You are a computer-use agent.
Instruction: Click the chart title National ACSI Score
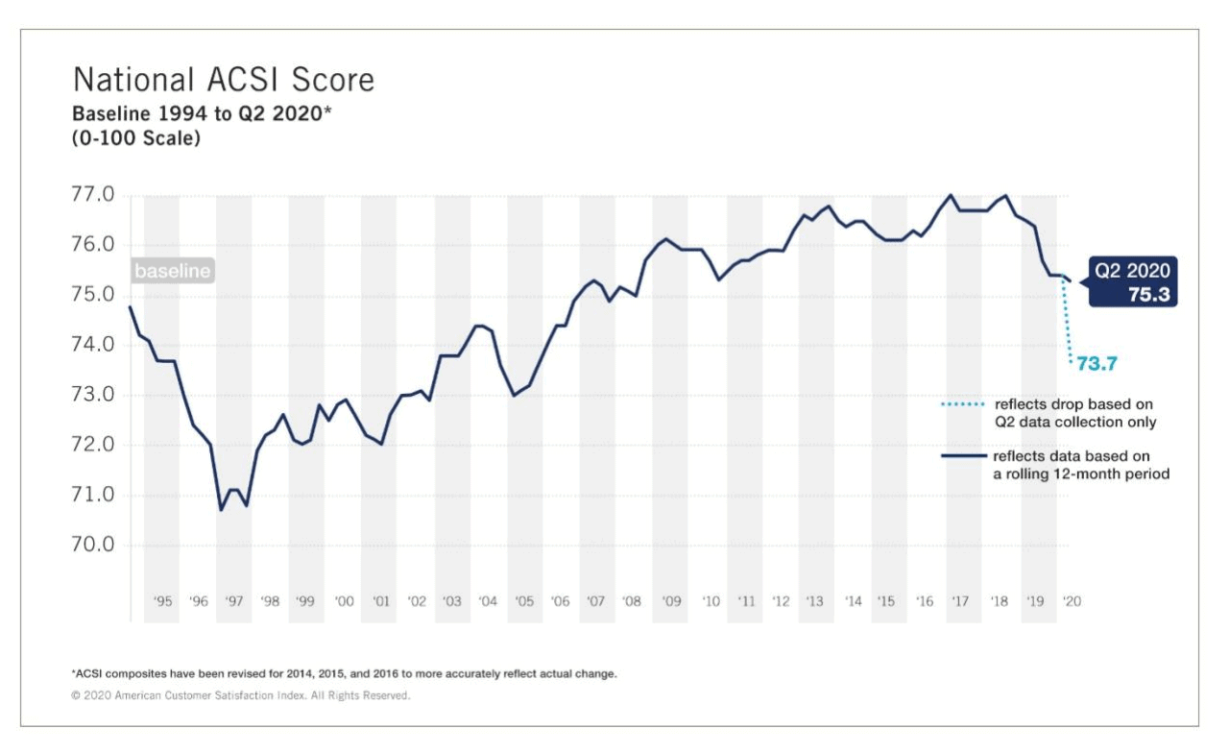point(224,79)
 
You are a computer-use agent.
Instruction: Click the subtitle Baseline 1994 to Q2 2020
point(202,113)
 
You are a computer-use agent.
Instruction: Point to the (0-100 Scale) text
point(136,137)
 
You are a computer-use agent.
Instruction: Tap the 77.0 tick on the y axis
point(93,195)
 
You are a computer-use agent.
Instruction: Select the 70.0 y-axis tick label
point(93,545)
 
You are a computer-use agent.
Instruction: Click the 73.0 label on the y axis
point(93,395)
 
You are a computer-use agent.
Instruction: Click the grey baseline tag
point(173,272)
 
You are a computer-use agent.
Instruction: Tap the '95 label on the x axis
point(162,602)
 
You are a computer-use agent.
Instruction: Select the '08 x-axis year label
point(631,602)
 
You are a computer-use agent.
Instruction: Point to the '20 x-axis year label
point(1072,602)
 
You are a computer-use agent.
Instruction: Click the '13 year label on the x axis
point(814,602)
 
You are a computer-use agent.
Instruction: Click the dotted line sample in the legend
point(963,404)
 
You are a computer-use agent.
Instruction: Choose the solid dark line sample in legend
point(963,456)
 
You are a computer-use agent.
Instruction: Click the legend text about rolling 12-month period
point(1080,465)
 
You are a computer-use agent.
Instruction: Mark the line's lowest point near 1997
point(221,509)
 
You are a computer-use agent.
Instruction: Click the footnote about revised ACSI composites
point(344,674)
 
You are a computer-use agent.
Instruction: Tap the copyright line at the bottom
point(240,695)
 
